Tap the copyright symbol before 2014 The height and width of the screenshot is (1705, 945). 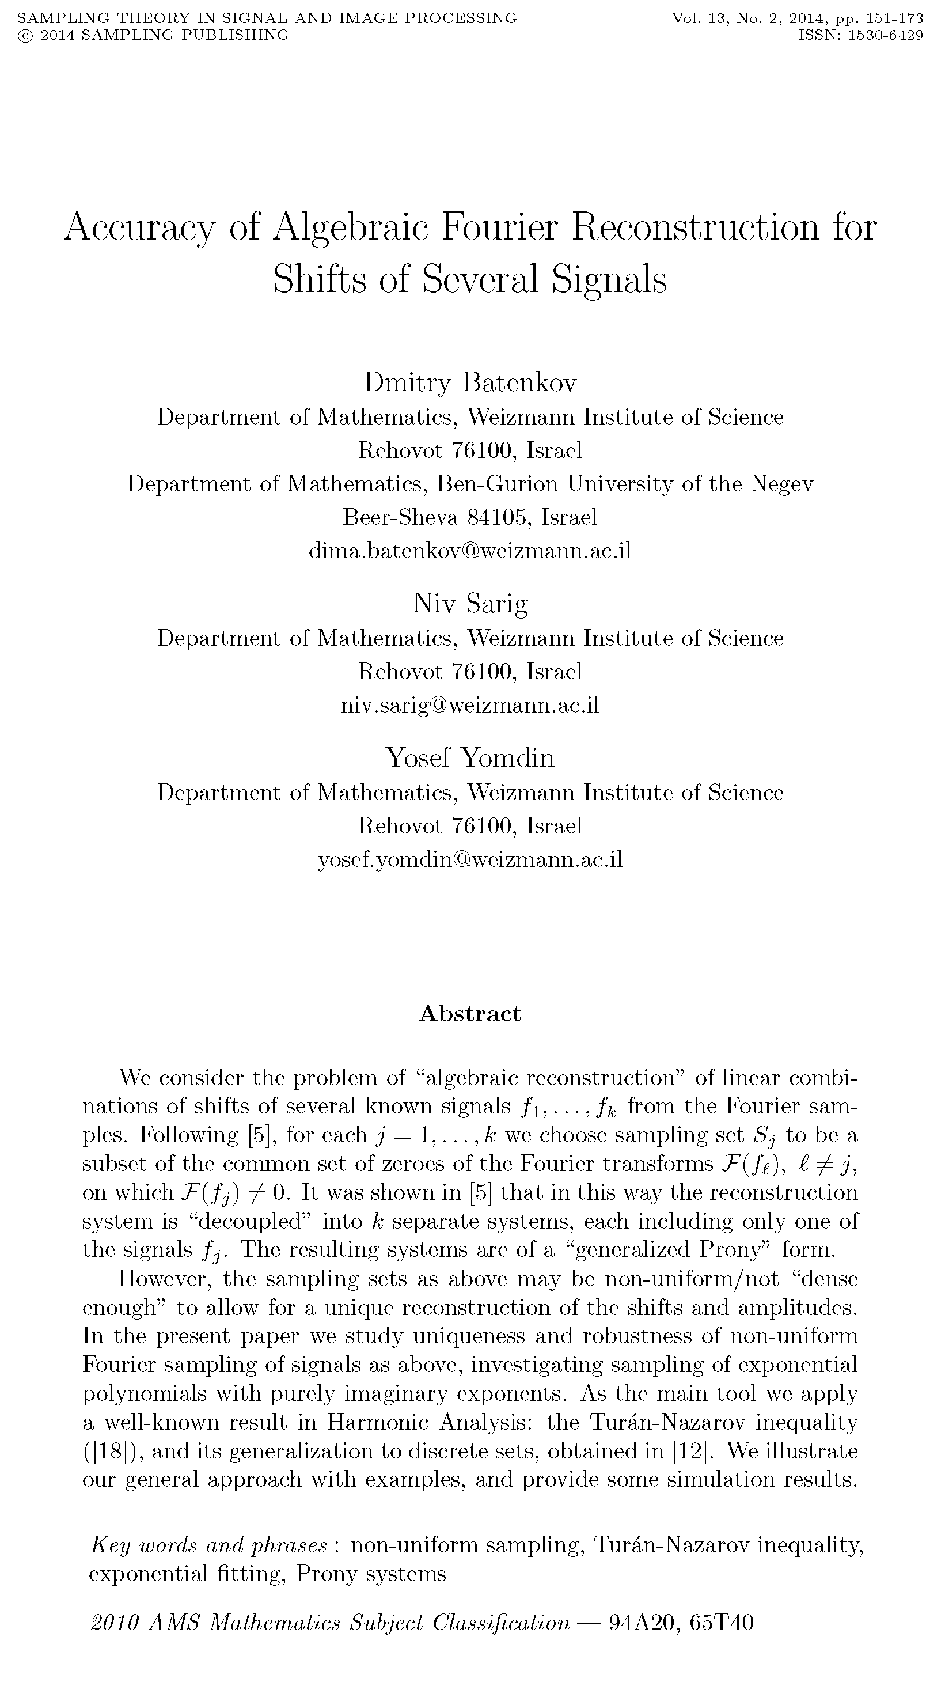pos(25,35)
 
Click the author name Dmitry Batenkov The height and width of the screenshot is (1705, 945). pos(470,382)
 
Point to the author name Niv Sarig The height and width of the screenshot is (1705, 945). pos(470,604)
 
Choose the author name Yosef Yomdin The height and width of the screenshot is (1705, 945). pos(470,757)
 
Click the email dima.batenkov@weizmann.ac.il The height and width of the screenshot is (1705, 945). pos(470,551)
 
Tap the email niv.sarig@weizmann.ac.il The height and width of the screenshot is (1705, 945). pos(470,706)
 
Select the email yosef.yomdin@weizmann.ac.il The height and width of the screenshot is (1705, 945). pos(470,860)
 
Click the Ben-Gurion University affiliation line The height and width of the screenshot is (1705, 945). pos(470,484)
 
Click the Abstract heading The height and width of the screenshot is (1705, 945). pos(470,1014)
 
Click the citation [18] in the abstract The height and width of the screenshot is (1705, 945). pos(111,1452)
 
